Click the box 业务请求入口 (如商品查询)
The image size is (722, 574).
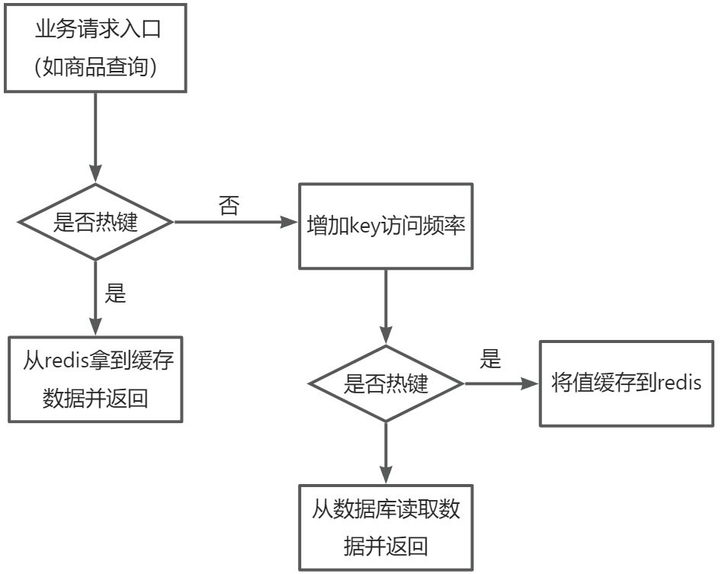point(95,46)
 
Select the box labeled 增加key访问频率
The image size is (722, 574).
point(385,226)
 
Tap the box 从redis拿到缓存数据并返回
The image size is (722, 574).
point(95,379)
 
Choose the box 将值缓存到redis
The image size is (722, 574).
point(626,383)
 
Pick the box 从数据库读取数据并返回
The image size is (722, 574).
point(385,527)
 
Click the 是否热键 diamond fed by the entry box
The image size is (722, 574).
point(95,223)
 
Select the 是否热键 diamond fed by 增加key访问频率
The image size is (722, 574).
point(386,383)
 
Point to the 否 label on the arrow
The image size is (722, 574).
point(228,207)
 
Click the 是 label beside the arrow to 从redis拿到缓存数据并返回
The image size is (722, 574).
point(115,294)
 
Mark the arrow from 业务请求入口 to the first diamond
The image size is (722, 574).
point(95,137)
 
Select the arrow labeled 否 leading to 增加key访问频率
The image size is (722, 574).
point(236,223)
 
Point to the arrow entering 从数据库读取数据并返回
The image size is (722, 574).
point(386,453)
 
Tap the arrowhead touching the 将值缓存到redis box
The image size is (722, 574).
point(531,383)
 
